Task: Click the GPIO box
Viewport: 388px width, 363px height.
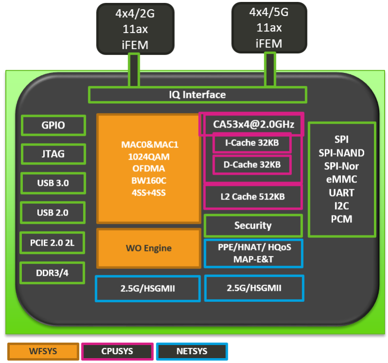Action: pos(53,126)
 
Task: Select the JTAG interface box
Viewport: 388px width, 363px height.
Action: pos(53,155)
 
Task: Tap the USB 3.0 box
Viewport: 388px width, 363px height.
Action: pos(53,183)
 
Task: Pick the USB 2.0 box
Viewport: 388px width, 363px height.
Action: pos(53,212)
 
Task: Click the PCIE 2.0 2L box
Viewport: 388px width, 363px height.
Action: pos(53,243)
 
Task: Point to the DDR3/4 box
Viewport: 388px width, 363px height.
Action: pos(53,273)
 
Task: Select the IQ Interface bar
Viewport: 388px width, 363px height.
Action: pos(197,95)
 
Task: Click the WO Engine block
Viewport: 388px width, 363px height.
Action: pos(149,248)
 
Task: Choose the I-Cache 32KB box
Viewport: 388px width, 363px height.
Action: pos(252,144)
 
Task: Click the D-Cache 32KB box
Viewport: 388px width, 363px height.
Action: pos(252,165)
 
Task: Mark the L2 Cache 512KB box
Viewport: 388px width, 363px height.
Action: pos(253,197)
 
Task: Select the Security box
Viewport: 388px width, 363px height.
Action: pos(253,225)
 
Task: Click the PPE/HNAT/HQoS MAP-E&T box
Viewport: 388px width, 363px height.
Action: pos(253,253)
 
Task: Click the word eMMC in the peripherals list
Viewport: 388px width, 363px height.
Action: pos(342,180)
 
